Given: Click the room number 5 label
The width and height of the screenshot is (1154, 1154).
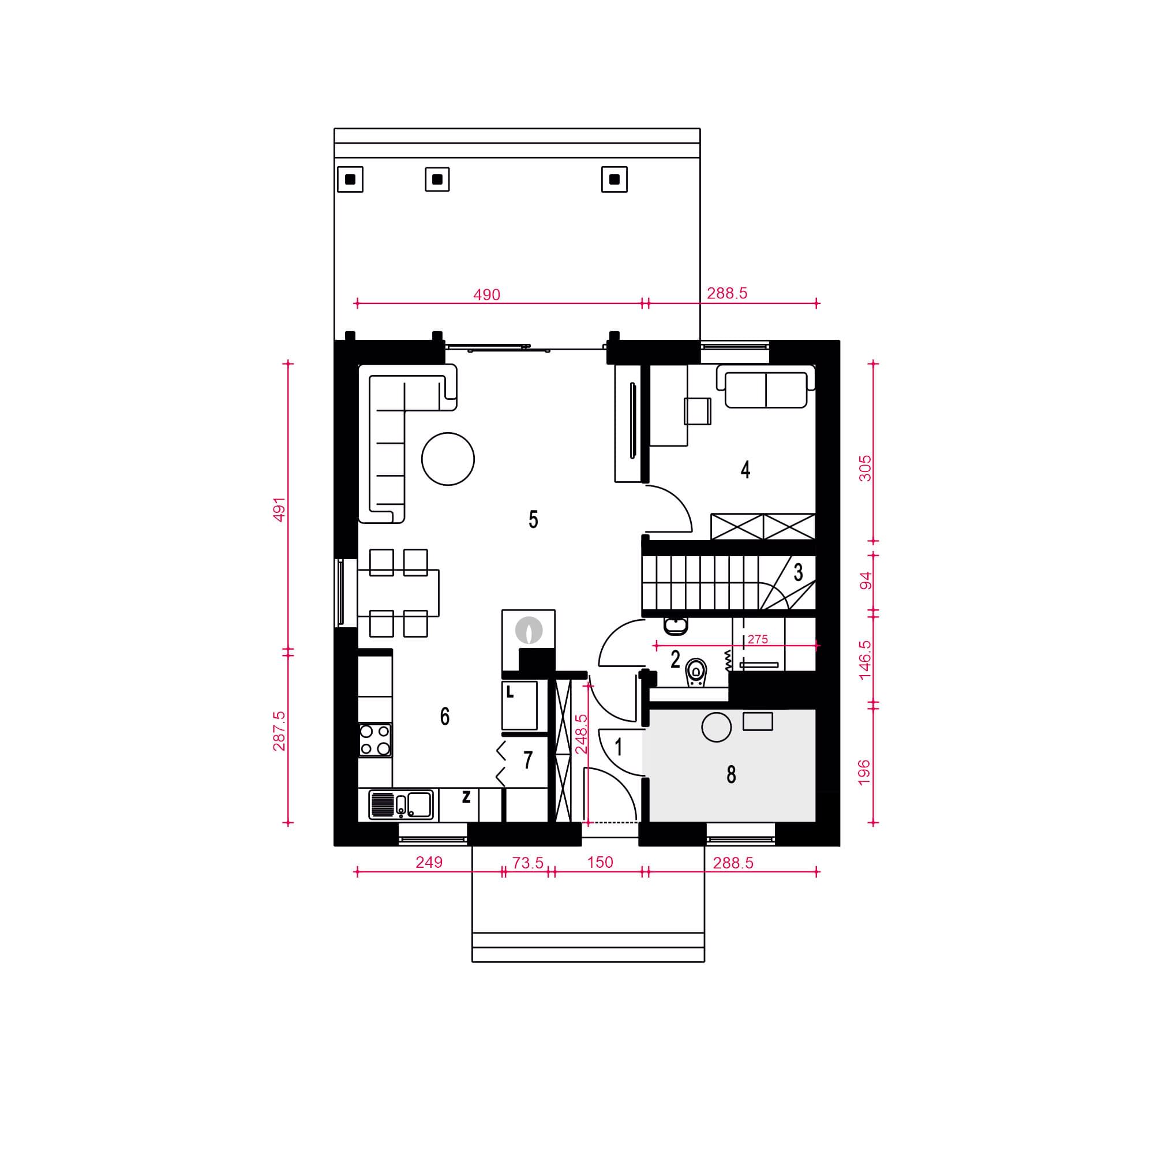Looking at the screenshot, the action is point(533,520).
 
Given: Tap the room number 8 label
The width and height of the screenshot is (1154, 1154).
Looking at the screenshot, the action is point(731,775).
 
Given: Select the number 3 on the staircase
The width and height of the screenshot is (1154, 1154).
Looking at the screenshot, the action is point(799,572).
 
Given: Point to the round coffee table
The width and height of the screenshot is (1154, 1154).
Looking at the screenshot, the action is point(448,459).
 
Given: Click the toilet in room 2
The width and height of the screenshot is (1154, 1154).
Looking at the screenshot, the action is point(696,672).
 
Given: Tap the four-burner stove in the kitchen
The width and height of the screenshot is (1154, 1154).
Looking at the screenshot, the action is point(375,740).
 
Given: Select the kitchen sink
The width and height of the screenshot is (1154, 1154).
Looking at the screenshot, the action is point(401,804).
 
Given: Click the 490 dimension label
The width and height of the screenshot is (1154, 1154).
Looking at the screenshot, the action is point(487,294).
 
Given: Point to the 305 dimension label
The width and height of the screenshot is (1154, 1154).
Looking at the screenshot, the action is point(865,469).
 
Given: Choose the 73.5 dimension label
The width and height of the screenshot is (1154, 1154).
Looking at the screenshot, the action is point(528,863).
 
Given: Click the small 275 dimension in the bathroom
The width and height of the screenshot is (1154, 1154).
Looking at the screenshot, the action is point(758,639).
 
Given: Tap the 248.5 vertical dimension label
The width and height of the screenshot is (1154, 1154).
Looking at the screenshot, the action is point(581,734).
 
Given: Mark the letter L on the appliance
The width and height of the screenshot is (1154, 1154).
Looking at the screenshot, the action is point(509,692).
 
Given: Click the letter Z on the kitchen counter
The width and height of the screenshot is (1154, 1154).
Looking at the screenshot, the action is point(466,796).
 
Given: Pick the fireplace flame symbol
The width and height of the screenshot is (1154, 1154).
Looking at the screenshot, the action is point(529,630).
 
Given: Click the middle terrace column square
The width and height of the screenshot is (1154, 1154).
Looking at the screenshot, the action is point(437,179).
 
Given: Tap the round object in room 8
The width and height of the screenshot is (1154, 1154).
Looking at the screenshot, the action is point(716,728).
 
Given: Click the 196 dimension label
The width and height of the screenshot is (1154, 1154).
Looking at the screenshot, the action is point(864,773).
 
